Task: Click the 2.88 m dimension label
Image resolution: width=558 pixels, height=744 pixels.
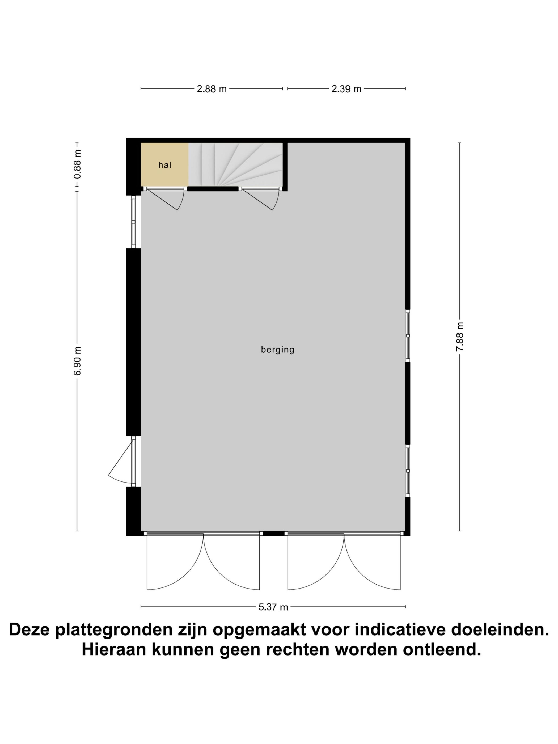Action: (x=212, y=89)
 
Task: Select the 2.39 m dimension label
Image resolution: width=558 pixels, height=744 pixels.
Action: (x=346, y=89)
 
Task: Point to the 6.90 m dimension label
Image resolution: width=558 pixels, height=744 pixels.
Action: (x=78, y=361)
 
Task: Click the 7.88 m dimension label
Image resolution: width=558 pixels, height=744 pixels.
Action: (x=460, y=337)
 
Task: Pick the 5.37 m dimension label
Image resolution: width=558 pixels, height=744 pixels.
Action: (x=273, y=607)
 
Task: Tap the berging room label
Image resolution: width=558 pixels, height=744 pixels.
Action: (x=277, y=350)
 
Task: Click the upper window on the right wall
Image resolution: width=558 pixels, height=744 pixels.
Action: (x=408, y=336)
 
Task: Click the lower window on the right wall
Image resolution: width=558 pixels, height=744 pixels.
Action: (x=408, y=471)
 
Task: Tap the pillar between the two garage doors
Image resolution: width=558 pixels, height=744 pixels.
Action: (x=273, y=534)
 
